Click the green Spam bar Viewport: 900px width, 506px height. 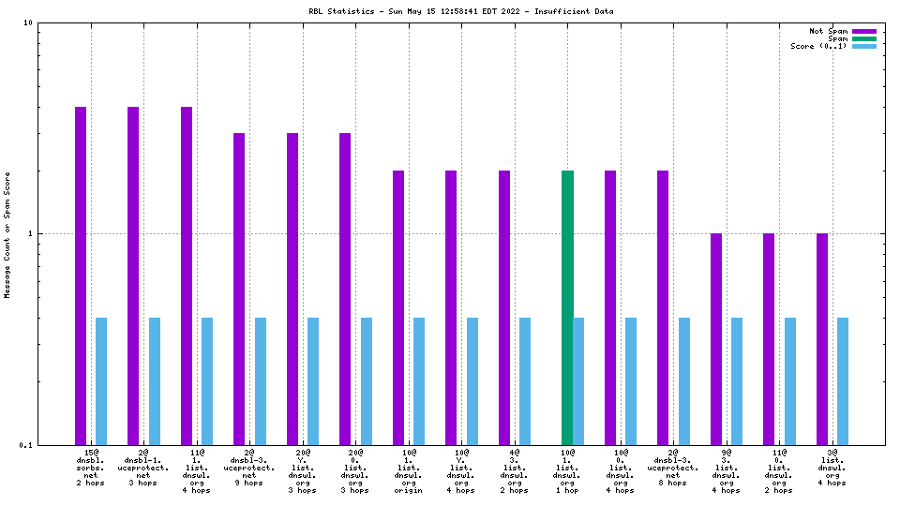point(567,307)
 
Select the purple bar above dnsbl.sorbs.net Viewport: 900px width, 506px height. point(81,275)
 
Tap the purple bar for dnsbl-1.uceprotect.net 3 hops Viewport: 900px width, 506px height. point(133,275)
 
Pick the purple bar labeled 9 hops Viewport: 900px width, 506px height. point(239,289)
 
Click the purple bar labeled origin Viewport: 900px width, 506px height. point(398,307)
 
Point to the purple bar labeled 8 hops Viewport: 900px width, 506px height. point(663,307)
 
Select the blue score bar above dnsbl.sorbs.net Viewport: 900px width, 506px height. point(101,381)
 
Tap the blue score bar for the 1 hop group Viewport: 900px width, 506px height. point(578,381)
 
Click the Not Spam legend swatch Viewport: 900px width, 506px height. point(863,31)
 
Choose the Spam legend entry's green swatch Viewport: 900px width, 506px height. point(863,38)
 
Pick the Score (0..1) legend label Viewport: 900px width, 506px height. point(818,46)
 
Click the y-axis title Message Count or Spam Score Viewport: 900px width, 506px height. point(7,234)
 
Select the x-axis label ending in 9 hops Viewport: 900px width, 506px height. point(249,468)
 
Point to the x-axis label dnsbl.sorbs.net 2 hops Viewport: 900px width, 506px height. point(91,468)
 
